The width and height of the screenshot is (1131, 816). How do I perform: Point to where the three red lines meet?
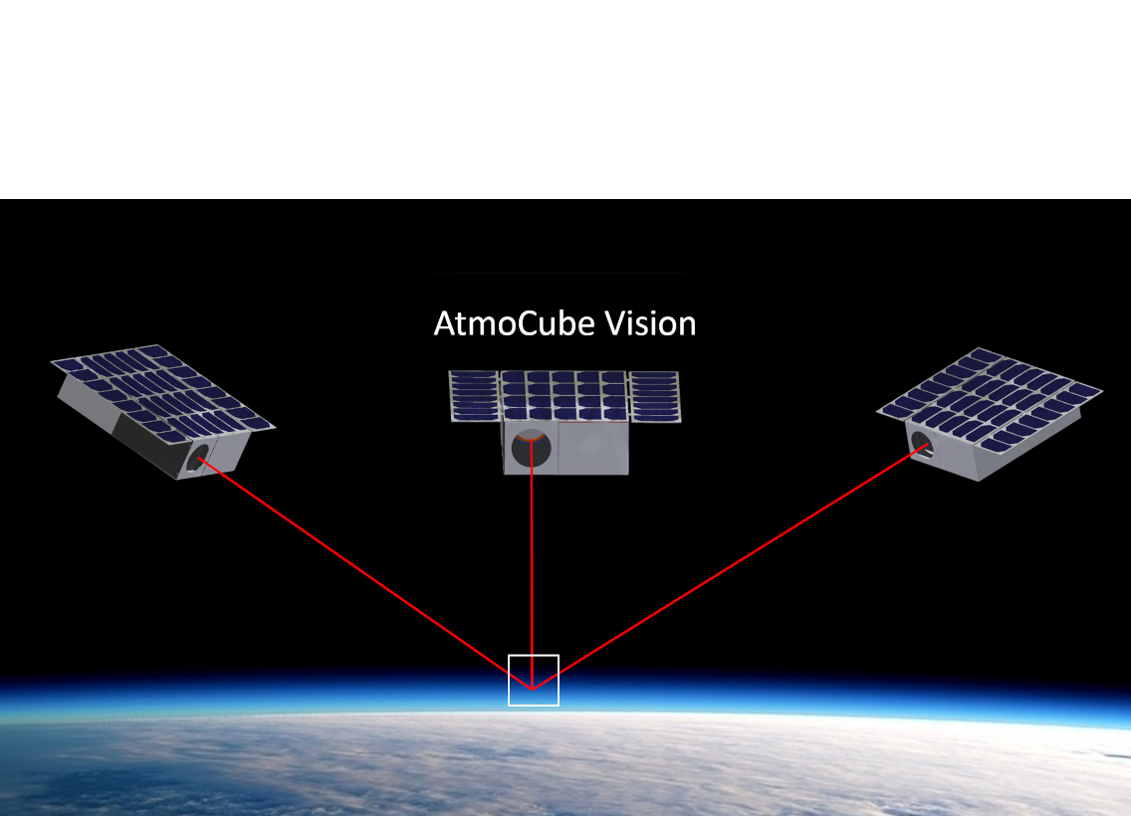[x=533, y=690]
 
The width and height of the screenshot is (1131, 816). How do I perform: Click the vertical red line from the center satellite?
[x=532, y=564]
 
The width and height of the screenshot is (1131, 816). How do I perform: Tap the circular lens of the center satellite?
[x=532, y=449]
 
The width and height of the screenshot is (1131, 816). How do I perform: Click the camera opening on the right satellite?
[x=922, y=444]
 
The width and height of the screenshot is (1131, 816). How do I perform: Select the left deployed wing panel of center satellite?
[x=475, y=396]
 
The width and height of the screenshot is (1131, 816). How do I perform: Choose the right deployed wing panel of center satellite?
[x=655, y=396]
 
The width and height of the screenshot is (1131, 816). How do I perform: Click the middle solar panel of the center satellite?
[x=565, y=396]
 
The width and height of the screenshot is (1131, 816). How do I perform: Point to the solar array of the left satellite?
[x=163, y=390]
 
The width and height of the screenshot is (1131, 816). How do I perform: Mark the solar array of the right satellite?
[x=990, y=400]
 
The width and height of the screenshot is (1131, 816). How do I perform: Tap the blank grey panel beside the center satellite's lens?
[x=593, y=448]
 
